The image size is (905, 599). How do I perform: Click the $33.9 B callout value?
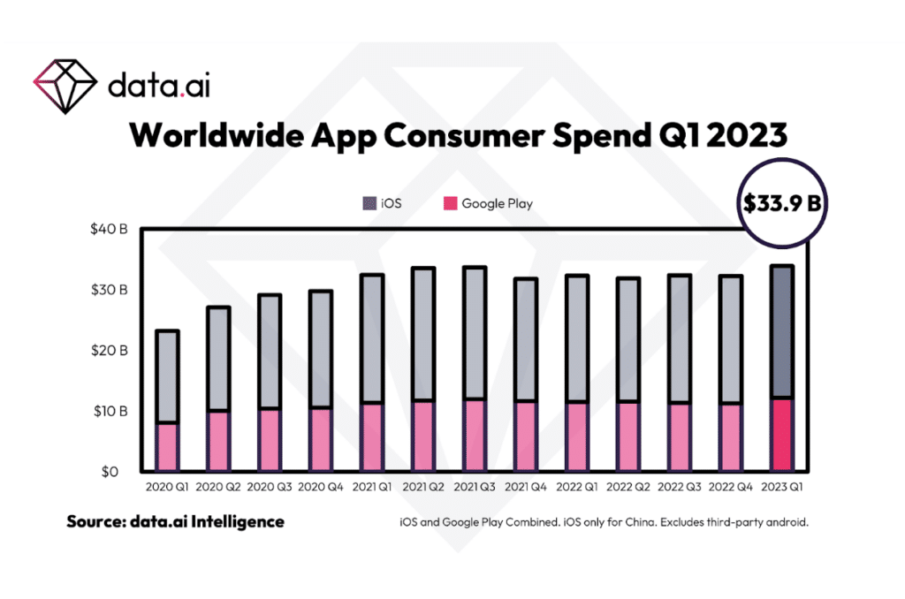click(780, 203)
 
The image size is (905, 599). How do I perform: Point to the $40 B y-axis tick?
click(110, 230)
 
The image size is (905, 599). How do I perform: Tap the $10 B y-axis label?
click(110, 411)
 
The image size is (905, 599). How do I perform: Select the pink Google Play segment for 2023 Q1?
click(780, 435)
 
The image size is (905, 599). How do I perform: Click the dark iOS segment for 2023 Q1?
click(780, 331)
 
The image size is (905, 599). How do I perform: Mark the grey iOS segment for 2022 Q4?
click(731, 340)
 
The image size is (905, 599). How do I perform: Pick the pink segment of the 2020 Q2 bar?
click(217, 441)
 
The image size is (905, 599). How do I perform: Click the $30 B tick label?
click(110, 290)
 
